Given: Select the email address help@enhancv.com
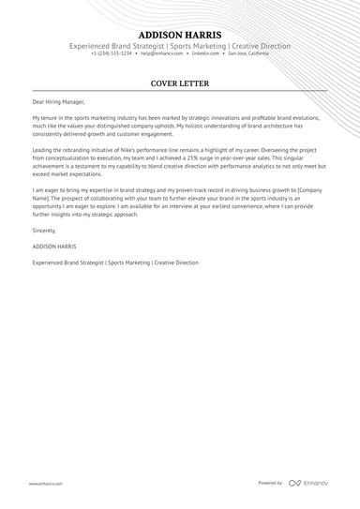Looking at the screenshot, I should [161, 53].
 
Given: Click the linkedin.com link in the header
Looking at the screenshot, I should [206, 53].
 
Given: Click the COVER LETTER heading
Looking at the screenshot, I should [179, 82].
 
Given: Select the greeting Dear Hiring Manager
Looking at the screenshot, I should [57, 102].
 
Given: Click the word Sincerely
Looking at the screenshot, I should [44, 229].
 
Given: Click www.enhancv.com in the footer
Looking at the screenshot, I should [45, 484].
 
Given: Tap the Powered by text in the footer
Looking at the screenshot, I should [270, 483].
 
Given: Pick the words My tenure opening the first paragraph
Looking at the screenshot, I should [46, 118].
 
